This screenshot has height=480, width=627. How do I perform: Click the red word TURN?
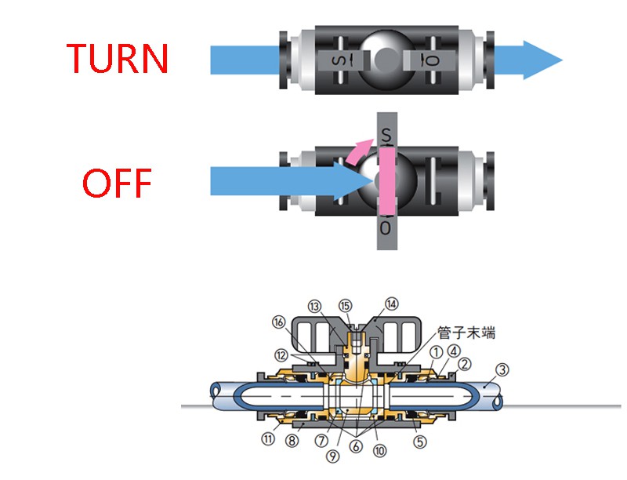(118, 59)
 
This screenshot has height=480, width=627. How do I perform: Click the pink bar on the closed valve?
(386, 183)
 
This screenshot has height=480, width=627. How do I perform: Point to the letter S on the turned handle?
(386, 136)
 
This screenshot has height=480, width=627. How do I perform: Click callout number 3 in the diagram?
(504, 368)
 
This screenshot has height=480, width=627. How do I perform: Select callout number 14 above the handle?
(391, 304)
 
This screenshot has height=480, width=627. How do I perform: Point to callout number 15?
(346, 305)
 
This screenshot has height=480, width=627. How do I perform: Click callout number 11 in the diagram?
(269, 440)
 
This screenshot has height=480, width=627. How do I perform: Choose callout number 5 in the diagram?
(420, 442)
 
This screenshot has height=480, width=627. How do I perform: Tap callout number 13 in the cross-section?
(314, 306)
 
